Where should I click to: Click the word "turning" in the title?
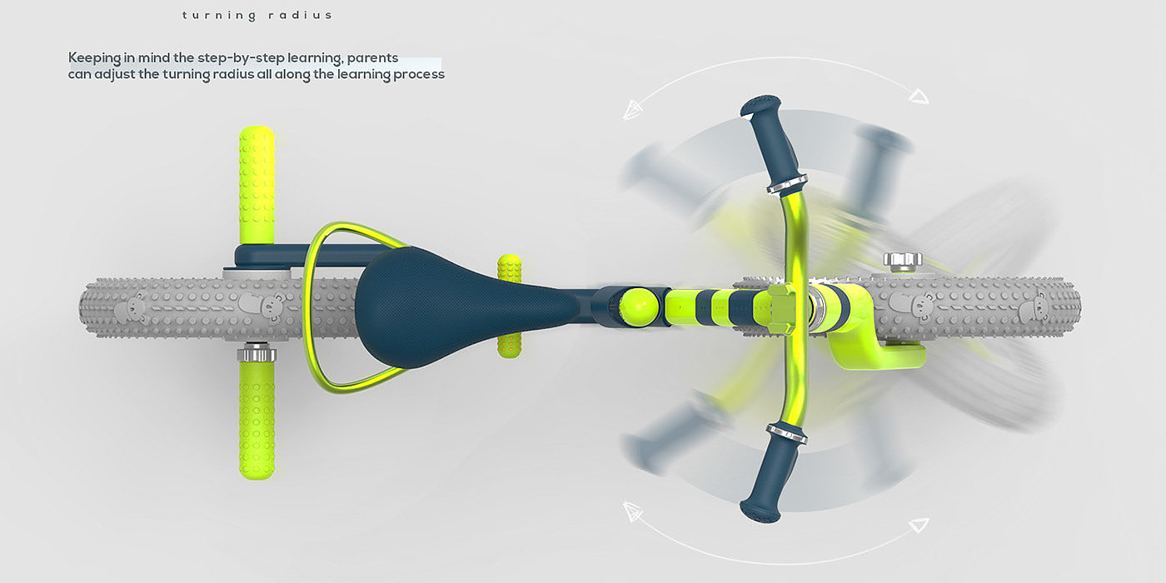[219, 16]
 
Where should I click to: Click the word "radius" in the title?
[300, 15]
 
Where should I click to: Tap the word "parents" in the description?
[373, 57]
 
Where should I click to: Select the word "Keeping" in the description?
[93, 57]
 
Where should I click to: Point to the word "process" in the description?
[419, 74]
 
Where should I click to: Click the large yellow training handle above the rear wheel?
[257, 185]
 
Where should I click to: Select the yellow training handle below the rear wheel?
[257, 421]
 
